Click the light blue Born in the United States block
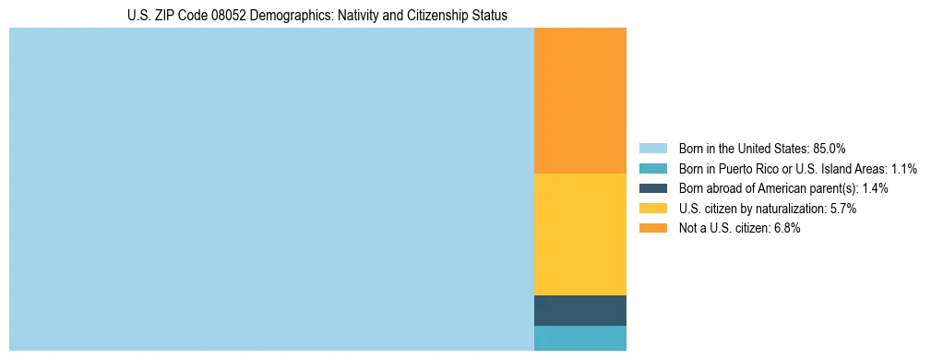point(271,189)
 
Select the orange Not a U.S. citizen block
point(579,101)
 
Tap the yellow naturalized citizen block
point(579,234)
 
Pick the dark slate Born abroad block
point(579,310)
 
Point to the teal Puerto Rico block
point(579,338)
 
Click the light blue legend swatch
point(652,148)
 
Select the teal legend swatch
point(652,168)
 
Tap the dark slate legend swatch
point(652,188)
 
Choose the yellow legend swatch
point(652,209)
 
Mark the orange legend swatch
point(652,229)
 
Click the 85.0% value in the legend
point(829,148)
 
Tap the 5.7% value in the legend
point(843,209)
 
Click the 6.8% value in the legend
point(786,229)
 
